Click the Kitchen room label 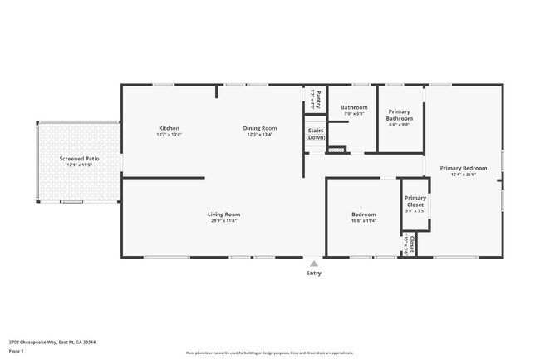169,128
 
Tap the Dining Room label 259,128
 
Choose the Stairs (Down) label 316,133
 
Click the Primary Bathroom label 400,116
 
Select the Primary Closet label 415,201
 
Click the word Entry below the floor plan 314,273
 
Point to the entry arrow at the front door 314,262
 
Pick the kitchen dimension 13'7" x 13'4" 169,134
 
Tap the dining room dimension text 259,134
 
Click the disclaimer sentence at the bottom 269,353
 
